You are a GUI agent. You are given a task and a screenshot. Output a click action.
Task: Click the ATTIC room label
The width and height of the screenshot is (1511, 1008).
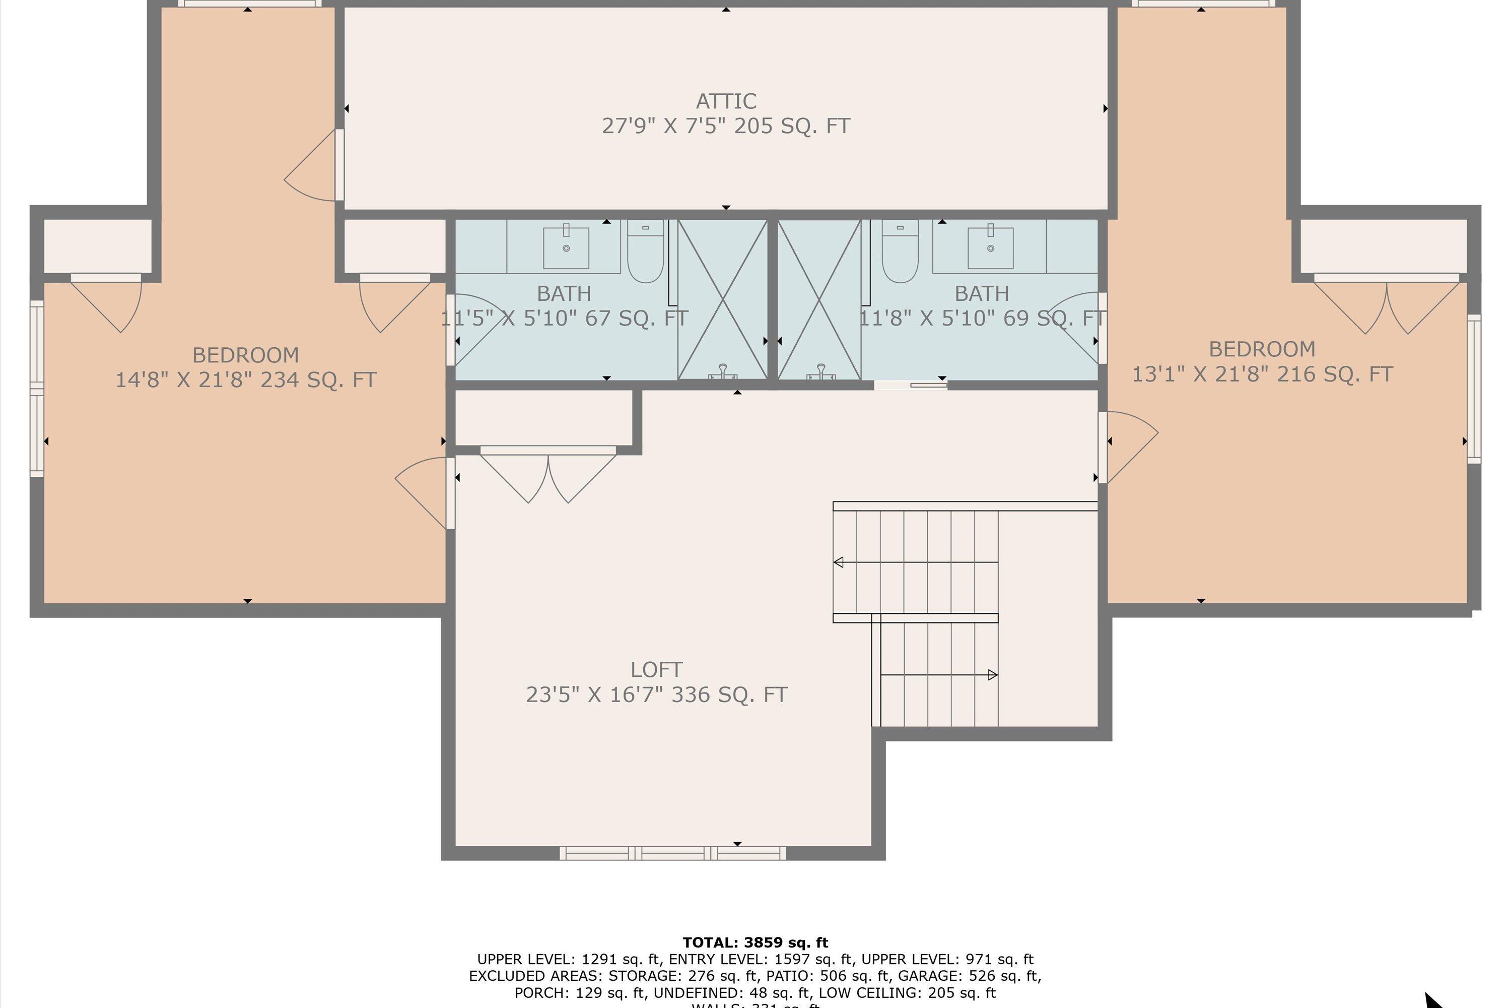726,101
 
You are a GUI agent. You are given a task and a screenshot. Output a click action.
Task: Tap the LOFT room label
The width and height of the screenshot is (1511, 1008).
656,670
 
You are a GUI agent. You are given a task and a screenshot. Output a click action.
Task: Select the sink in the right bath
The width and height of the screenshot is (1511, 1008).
990,247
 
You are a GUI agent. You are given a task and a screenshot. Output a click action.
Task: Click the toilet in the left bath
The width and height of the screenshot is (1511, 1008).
645,251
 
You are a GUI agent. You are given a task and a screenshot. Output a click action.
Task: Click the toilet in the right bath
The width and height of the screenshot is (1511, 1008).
900,251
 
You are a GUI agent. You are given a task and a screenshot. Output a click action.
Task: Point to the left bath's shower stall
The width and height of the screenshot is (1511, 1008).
723,299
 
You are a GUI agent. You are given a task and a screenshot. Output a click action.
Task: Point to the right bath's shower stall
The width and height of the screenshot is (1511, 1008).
818,299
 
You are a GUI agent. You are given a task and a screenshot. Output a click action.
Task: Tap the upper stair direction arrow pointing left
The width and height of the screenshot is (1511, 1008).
839,562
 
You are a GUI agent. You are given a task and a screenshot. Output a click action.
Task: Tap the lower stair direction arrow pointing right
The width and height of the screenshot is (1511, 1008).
992,675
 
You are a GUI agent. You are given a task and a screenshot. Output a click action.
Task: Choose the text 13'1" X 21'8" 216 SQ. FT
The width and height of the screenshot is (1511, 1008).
1262,374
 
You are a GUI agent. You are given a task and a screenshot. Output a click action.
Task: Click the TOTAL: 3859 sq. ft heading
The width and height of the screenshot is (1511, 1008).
755,942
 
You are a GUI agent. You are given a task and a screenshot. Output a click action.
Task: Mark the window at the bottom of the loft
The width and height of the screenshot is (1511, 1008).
672,853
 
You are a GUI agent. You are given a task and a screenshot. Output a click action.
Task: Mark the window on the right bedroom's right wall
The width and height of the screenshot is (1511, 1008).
1474,389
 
